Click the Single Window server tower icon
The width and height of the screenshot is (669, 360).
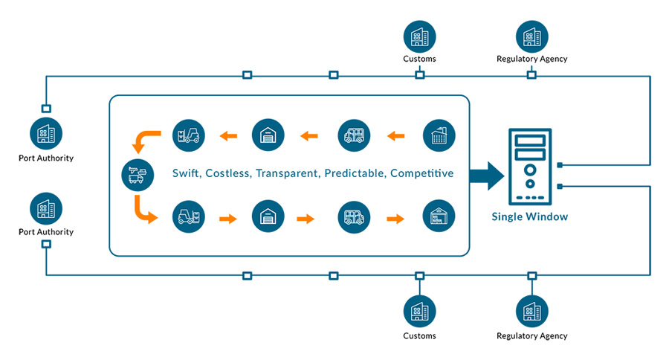(530, 167)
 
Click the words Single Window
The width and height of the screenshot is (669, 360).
(529, 216)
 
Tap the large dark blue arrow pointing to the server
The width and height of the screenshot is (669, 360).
(487, 176)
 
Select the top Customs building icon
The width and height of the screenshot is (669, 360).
(419, 36)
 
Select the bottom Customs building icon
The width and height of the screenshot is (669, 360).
(419, 312)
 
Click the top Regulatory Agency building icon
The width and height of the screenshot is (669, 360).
(531, 36)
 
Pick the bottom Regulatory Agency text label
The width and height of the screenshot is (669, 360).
(531, 335)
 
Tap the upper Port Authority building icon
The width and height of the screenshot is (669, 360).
(46, 134)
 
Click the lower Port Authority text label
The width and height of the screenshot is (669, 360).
(46, 232)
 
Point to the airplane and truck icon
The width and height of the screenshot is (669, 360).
(138, 175)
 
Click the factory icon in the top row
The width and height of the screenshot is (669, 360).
(439, 135)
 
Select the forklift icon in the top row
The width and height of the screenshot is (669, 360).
(189, 135)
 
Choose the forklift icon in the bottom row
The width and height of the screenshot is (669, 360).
(189, 217)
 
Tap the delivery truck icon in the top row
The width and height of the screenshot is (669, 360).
(354, 135)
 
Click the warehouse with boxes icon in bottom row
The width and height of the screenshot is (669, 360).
(439, 216)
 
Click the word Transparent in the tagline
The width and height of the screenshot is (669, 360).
(287, 173)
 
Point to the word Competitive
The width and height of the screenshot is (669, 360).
(422, 173)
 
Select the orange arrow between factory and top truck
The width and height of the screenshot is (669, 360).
(395, 136)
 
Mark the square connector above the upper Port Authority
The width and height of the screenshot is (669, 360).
(46, 109)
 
